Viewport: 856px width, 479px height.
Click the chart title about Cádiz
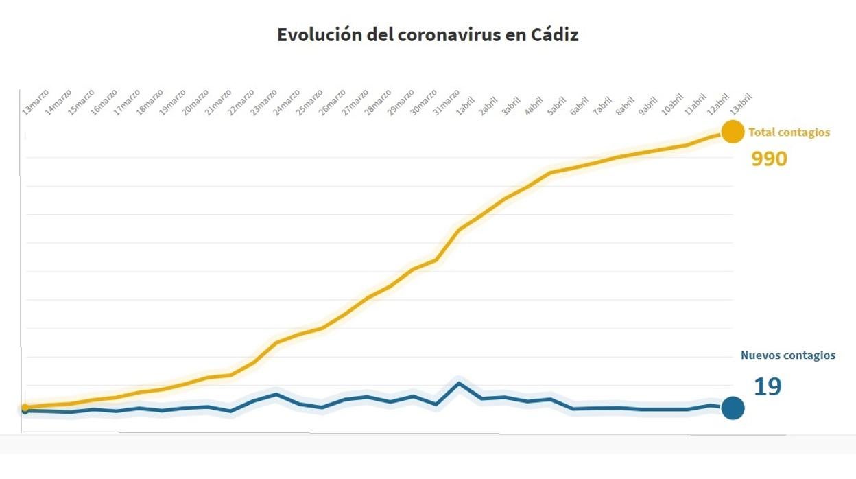tap(427, 35)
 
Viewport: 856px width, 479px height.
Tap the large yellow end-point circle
tap(733, 131)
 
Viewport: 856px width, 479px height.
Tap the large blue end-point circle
tap(733, 408)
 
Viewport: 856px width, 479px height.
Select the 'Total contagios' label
tap(789, 132)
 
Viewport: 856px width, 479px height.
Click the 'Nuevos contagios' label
tap(788, 355)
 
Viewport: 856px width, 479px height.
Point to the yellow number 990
tap(769, 159)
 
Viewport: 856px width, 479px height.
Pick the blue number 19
tap(768, 387)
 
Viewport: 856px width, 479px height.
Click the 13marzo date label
tap(36, 100)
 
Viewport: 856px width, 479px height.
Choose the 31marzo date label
tap(446, 100)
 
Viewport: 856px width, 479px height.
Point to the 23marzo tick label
tap(264, 100)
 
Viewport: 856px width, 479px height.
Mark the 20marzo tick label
tap(195, 100)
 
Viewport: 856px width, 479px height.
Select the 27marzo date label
tap(355, 100)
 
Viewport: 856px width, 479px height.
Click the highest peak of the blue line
tap(458, 383)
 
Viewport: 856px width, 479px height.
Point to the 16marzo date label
tap(105, 100)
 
